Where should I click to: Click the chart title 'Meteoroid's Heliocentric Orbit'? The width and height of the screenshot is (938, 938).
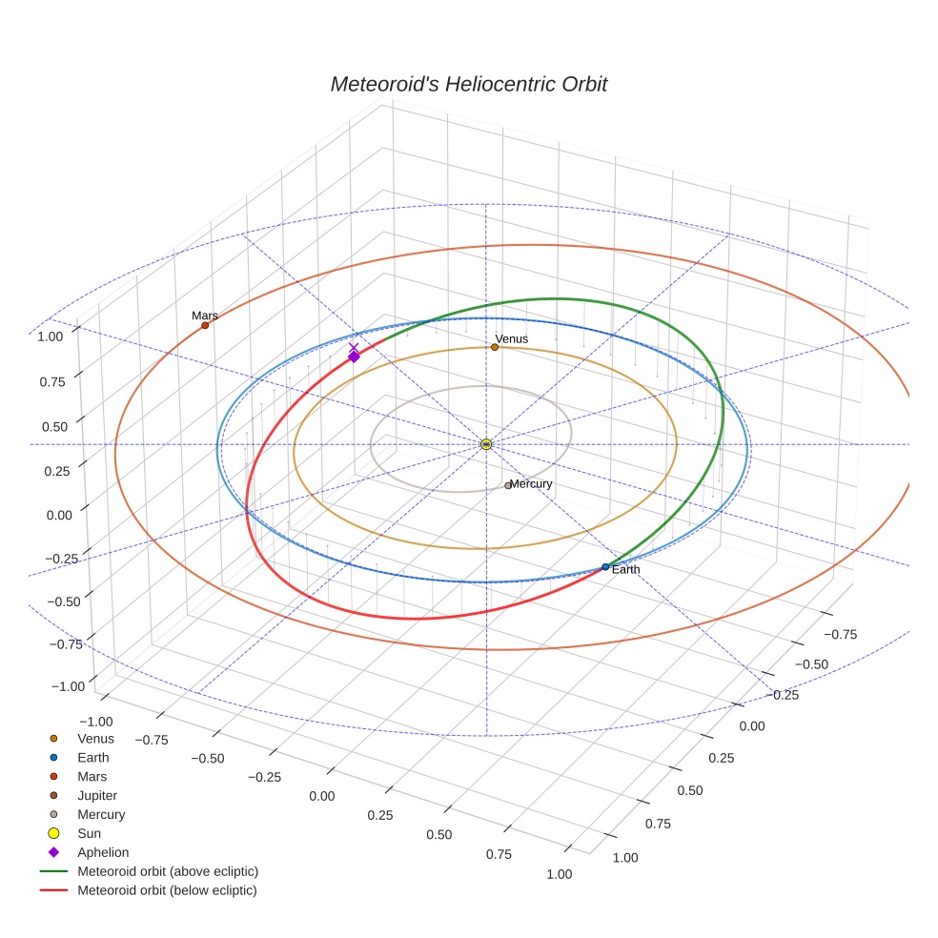click(x=468, y=84)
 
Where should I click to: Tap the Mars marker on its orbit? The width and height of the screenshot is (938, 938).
click(x=205, y=325)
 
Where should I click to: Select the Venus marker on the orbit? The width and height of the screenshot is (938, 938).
click(x=494, y=347)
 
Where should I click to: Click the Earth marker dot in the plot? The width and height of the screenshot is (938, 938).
click(x=605, y=567)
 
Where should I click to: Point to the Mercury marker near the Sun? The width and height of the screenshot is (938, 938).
click(x=508, y=485)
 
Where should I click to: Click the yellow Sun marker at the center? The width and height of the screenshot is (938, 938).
click(x=486, y=444)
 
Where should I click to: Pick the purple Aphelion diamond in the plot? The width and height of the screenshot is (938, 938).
click(x=354, y=357)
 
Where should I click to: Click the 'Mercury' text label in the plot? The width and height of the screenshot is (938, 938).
click(x=531, y=484)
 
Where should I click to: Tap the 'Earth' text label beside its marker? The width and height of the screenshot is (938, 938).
click(x=626, y=569)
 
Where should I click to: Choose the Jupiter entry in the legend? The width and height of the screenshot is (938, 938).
click(x=97, y=795)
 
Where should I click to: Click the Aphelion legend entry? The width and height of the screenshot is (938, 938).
click(x=102, y=852)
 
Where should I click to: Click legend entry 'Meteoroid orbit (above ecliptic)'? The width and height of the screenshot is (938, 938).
click(x=168, y=871)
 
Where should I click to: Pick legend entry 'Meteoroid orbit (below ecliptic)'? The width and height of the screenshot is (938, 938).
click(x=167, y=890)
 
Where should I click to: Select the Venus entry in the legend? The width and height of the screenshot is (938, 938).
click(x=95, y=738)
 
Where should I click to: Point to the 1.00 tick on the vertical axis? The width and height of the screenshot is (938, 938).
click(x=50, y=336)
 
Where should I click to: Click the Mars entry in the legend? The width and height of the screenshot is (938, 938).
click(x=92, y=776)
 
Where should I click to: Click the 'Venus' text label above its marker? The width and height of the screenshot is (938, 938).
click(x=511, y=338)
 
